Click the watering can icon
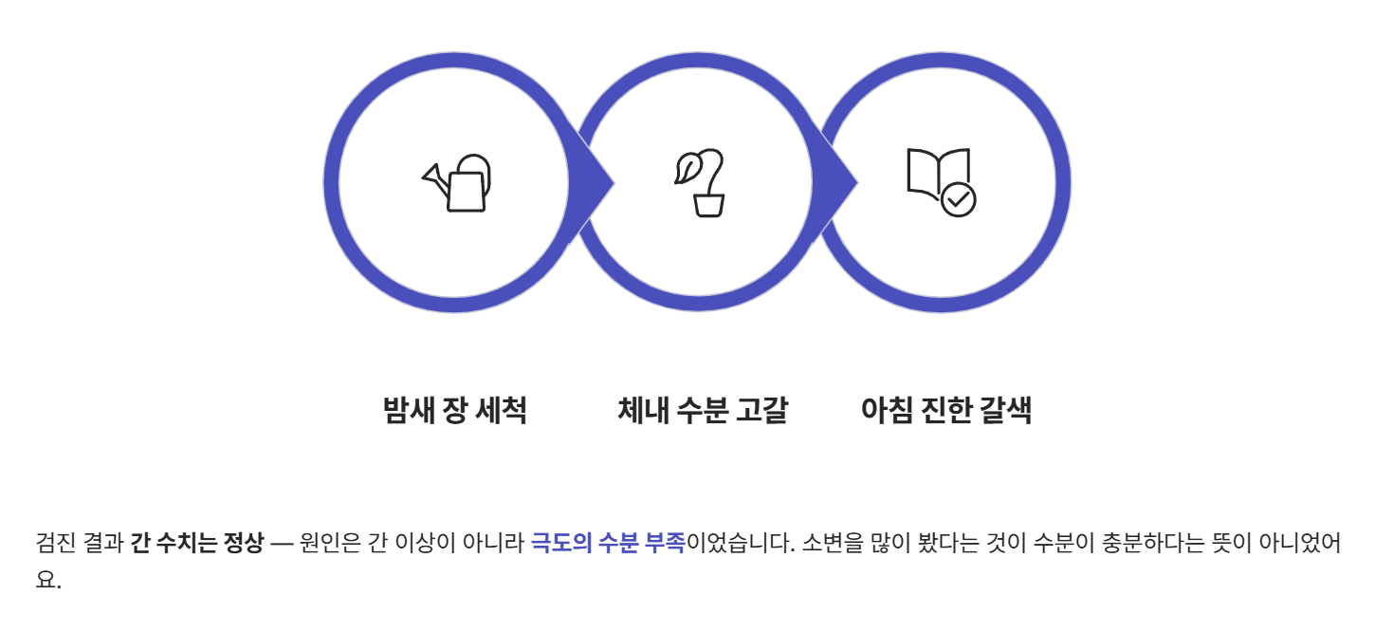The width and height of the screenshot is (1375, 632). [x=458, y=183]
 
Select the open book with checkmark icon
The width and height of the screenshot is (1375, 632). [x=941, y=181]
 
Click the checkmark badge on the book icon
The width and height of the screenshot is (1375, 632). [x=959, y=199]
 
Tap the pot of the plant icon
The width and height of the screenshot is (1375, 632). [x=708, y=204]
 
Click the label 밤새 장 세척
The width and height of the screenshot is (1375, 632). [x=454, y=411]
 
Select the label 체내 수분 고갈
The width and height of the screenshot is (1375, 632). [x=703, y=411]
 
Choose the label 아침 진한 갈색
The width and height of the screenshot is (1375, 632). [x=945, y=411]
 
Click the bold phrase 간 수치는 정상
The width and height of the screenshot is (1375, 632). [x=196, y=544]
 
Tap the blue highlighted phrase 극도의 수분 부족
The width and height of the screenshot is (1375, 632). [x=607, y=544]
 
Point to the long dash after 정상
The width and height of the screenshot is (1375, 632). [x=282, y=544]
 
